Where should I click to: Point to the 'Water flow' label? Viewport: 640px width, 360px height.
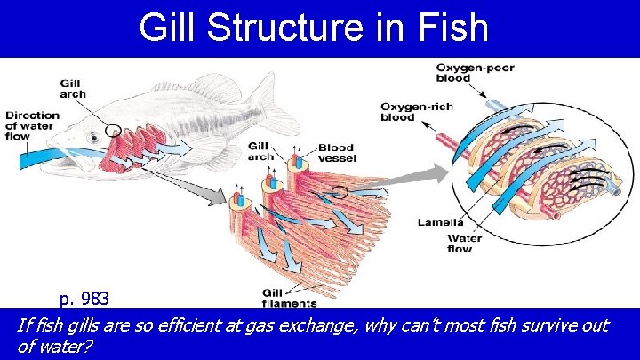pos(464,244)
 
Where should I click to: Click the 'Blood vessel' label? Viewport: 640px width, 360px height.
pos(336,153)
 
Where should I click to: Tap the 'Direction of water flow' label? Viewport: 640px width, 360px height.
pos(33,126)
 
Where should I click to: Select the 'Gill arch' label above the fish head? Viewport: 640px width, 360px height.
pos(72,88)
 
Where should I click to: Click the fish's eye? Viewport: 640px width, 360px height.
pos(94,139)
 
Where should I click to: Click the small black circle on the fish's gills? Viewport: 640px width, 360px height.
pos(113,131)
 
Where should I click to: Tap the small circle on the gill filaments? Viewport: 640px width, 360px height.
pos(339,191)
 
